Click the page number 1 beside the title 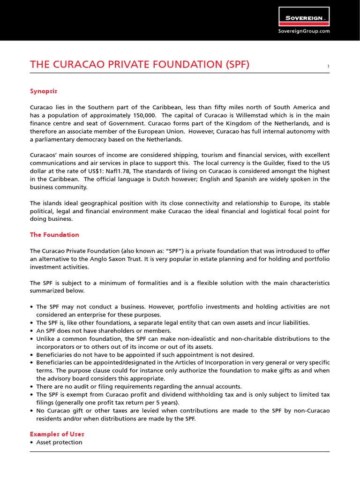coord(328,67)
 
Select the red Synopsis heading coord(43,91)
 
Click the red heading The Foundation coord(54,235)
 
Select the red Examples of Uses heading coord(57,434)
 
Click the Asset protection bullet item coord(59,442)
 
